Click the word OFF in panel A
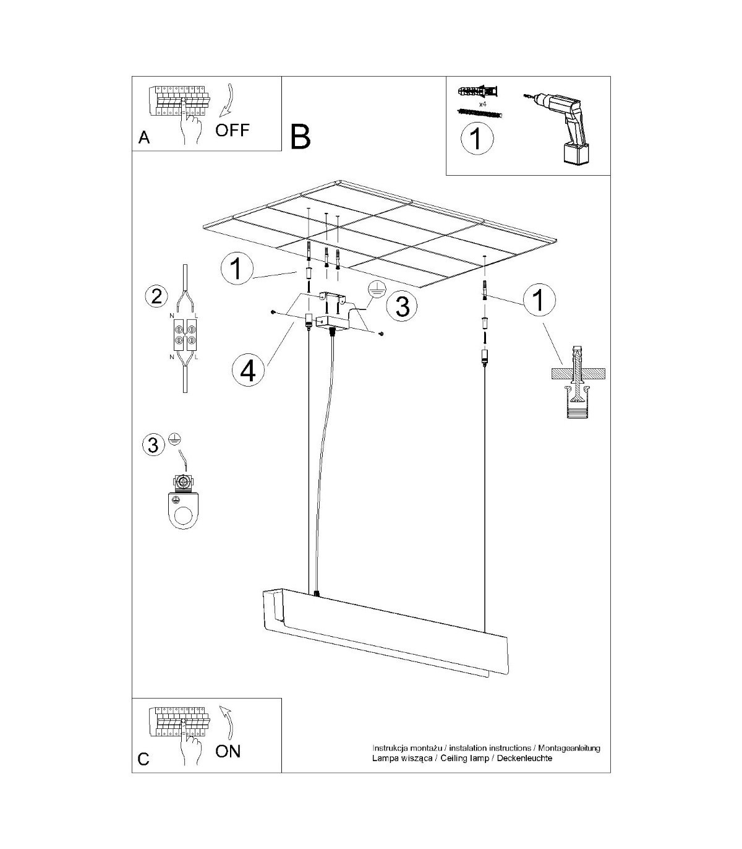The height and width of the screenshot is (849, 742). point(232,130)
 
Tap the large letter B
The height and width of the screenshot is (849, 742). point(300,137)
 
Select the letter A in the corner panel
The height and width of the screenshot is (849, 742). point(144,137)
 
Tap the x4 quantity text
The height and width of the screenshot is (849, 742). point(482,105)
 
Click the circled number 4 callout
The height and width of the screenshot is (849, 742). point(248,371)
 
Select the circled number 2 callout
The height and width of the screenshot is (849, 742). point(156,296)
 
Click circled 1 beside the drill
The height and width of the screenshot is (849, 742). point(477,139)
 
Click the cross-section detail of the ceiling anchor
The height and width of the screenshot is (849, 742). point(578,381)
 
